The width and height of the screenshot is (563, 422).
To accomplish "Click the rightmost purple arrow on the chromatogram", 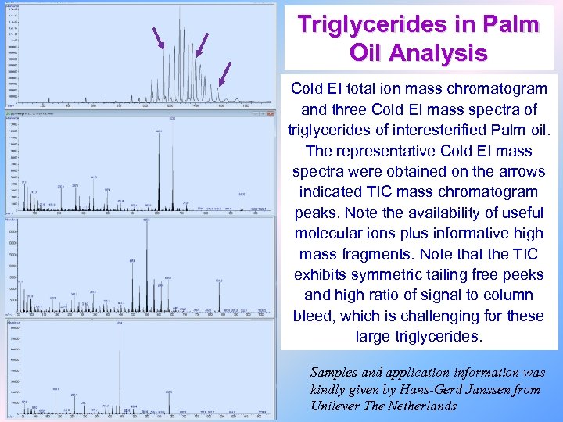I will click(x=225, y=73).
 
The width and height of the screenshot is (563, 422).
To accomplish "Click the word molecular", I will click(x=333, y=233).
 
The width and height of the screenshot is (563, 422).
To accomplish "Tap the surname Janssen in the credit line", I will click(x=488, y=389).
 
